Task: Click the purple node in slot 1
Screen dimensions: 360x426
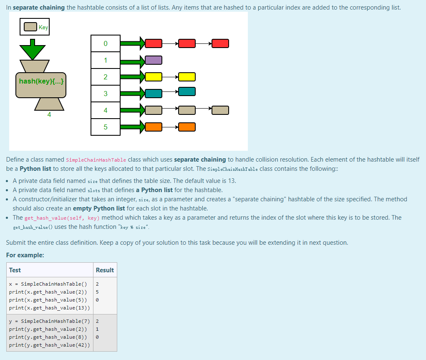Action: click(x=154, y=60)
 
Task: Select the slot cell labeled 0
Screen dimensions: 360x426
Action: click(x=106, y=43)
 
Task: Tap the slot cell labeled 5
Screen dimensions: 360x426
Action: click(x=106, y=127)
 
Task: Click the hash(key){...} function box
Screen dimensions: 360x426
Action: click(x=41, y=81)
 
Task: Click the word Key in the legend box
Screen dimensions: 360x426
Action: click(x=43, y=27)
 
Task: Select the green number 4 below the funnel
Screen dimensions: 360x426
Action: click(x=49, y=114)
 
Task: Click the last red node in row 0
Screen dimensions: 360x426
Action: click(x=220, y=43)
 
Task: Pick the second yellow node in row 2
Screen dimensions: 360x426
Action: click(x=187, y=77)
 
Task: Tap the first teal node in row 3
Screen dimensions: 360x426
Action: click(x=154, y=94)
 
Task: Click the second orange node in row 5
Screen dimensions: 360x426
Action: click(x=187, y=127)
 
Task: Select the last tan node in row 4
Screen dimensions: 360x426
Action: click(x=220, y=110)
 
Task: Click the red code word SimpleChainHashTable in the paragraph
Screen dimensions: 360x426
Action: click(x=96, y=160)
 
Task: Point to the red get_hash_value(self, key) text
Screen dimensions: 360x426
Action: click(x=62, y=218)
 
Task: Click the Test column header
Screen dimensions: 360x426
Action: click(x=15, y=270)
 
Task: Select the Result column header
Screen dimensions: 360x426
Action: click(x=105, y=270)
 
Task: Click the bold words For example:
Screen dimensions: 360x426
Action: click(x=25, y=255)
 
